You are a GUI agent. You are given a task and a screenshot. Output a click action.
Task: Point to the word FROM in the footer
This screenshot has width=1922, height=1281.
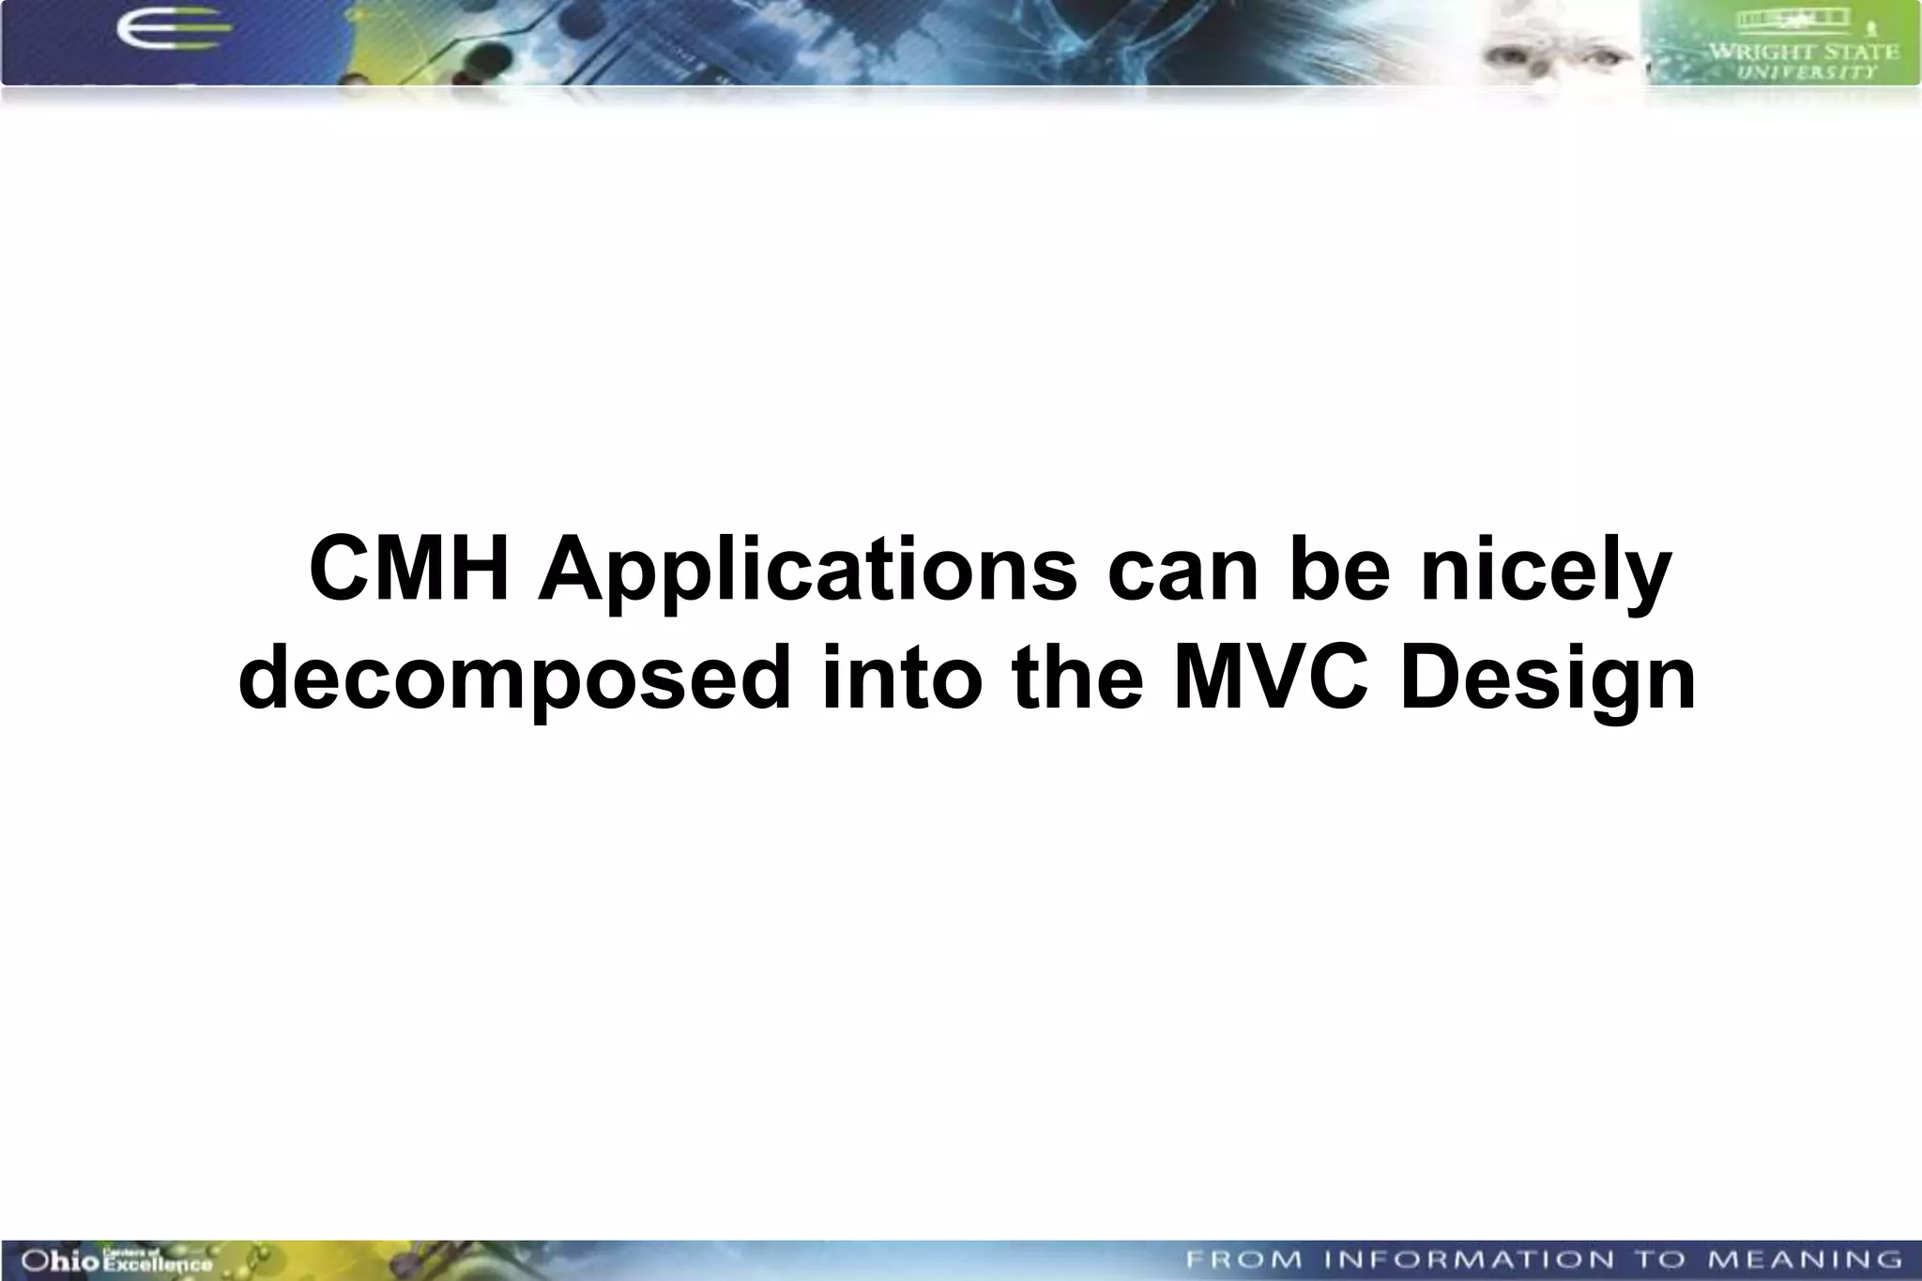(x=1243, y=1259)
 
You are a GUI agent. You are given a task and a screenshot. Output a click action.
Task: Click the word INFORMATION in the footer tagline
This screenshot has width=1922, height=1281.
(x=1469, y=1259)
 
